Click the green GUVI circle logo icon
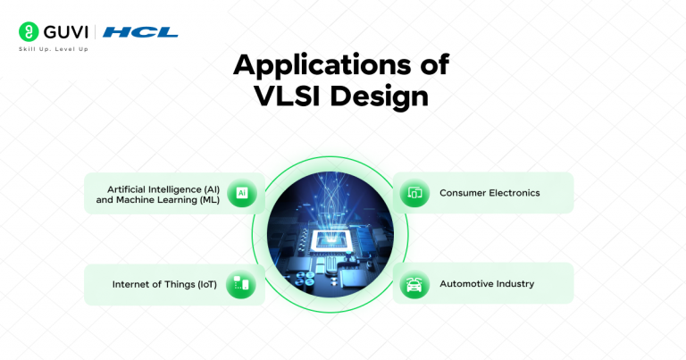(x=28, y=32)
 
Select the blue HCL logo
(x=140, y=32)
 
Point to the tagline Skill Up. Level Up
(x=53, y=48)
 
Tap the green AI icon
(x=242, y=193)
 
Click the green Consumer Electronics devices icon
(x=414, y=193)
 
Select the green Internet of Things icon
(x=242, y=284)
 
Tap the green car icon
(x=414, y=284)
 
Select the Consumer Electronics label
(x=489, y=193)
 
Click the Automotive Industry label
(x=486, y=284)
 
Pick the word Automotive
(x=464, y=284)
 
